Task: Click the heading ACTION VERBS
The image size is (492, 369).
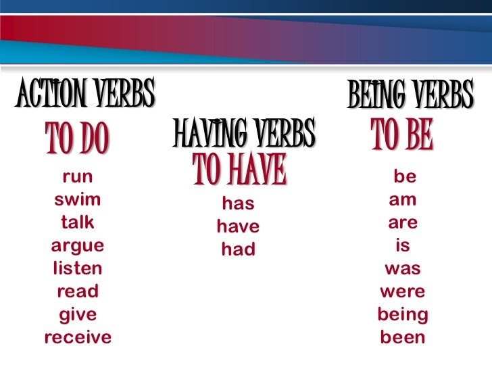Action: pyautogui.click(x=85, y=95)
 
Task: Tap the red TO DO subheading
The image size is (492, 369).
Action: pyautogui.click(x=77, y=139)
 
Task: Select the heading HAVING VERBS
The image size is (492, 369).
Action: pyautogui.click(x=244, y=132)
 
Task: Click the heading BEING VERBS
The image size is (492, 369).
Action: pyautogui.click(x=410, y=96)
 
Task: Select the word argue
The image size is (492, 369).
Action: pyautogui.click(x=78, y=246)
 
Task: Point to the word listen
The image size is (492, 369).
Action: pyautogui.click(x=78, y=268)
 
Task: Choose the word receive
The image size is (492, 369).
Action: pyautogui.click(x=78, y=337)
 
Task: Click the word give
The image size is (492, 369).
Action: pyautogui.click(x=78, y=314)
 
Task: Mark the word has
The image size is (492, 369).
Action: pyautogui.click(x=237, y=203)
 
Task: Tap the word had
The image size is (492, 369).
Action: pyautogui.click(x=238, y=249)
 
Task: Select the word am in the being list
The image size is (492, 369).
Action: pyautogui.click(x=403, y=200)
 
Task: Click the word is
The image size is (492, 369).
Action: pyautogui.click(x=403, y=245)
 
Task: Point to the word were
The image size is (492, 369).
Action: pyautogui.click(x=403, y=291)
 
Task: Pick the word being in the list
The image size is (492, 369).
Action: pyautogui.click(x=403, y=314)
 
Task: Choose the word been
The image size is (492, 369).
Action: pyautogui.click(x=403, y=337)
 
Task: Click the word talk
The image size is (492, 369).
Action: pyautogui.click(x=78, y=222)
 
